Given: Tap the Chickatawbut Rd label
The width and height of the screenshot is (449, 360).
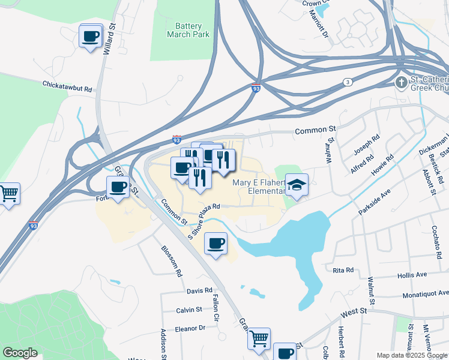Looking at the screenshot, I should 67,86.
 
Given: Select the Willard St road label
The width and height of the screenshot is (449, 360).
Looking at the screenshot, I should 109,40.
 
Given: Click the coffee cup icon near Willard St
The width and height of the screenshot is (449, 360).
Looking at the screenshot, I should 91,37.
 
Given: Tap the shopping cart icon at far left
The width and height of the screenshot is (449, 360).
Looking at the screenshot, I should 8,194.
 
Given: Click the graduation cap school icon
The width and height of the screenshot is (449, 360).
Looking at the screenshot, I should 296,185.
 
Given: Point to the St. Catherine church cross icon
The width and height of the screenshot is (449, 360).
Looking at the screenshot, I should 401,82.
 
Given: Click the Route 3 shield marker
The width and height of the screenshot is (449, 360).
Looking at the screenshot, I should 347,82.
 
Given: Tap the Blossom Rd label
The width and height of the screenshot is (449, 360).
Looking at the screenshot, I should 171,260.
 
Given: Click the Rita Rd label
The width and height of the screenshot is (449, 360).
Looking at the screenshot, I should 343,270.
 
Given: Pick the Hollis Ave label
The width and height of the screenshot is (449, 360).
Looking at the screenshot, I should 412,274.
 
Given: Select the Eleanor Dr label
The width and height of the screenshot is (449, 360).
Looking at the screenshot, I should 190,328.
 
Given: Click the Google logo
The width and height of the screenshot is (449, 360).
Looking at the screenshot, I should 20,352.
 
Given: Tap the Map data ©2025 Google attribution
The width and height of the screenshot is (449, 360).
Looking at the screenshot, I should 411,355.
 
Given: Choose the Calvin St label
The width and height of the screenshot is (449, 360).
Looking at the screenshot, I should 189,310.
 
